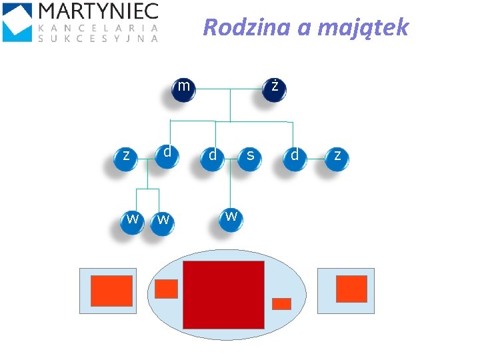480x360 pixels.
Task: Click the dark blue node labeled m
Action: pyautogui.click(x=183, y=89)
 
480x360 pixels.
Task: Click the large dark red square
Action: pyautogui.click(x=223, y=295)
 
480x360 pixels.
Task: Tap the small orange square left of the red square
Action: pyautogui.click(x=166, y=289)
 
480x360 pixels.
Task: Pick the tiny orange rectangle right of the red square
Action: pyautogui.click(x=281, y=303)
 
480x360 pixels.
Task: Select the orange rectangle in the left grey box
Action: pyautogui.click(x=111, y=291)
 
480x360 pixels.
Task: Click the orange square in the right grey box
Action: pyautogui.click(x=351, y=289)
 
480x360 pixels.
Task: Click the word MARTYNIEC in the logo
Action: pyautogui.click(x=99, y=11)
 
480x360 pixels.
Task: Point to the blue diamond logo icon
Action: pyautogui.click(x=17, y=21)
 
